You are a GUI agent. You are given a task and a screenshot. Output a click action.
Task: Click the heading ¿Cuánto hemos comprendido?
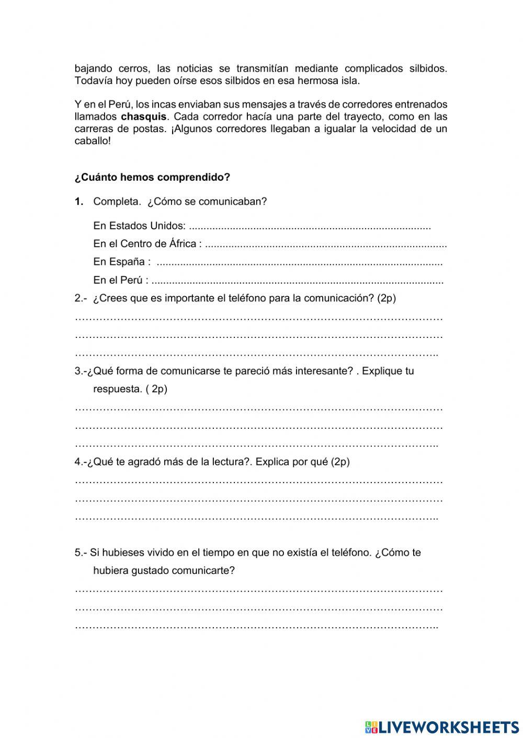point(152,177)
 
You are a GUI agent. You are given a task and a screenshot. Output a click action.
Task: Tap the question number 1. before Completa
point(79,202)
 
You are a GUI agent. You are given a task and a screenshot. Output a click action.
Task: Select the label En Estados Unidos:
point(139,226)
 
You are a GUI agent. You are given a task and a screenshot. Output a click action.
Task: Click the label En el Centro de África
point(147,243)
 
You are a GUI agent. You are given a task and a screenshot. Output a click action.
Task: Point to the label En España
point(122,262)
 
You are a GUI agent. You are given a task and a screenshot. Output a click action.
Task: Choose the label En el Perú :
point(120,280)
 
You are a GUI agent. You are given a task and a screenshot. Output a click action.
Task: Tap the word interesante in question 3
point(324,371)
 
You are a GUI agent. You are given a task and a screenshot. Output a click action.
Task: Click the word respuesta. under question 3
point(118,389)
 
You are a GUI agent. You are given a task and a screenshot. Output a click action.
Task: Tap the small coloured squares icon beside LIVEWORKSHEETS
point(371,727)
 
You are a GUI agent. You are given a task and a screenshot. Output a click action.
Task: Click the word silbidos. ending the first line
point(427,68)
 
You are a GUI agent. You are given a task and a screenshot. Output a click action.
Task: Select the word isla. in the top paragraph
point(350,81)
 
